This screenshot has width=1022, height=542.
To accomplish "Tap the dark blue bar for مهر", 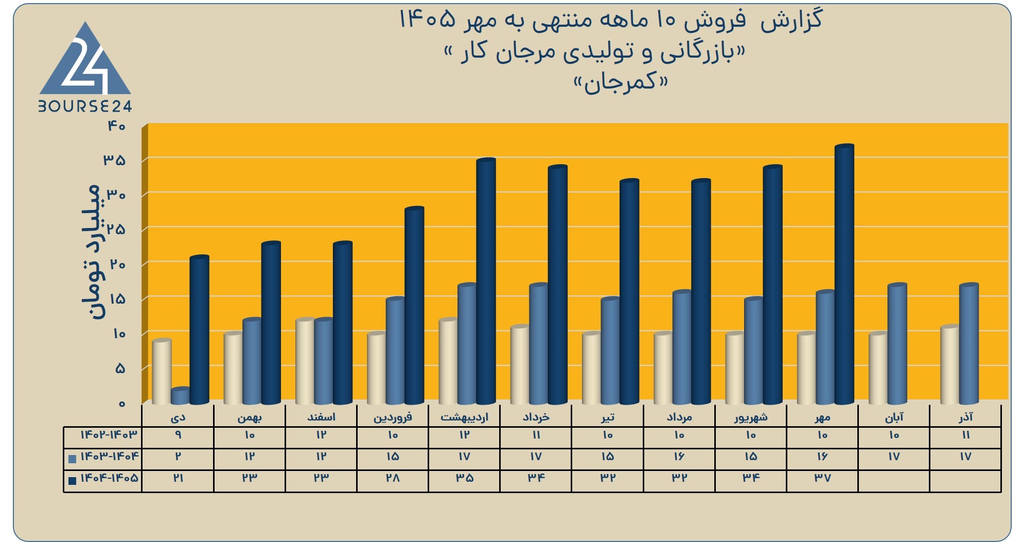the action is (844, 274).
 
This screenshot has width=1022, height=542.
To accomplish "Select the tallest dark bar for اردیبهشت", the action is (486, 281).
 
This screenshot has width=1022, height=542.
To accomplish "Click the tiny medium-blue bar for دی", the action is (180, 396).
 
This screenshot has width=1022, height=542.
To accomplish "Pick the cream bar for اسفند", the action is (305, 361).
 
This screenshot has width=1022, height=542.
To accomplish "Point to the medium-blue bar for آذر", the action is (969, 344).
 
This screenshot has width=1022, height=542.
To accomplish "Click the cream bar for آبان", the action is (878, 368).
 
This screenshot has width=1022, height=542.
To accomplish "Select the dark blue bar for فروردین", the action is (414, 306).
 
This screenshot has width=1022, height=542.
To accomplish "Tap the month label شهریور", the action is (751, 417).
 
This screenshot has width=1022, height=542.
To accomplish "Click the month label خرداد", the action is (536, 417).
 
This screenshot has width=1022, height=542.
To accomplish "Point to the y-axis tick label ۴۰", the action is (116, 126).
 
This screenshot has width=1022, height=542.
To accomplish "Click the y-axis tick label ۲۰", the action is (117, 265).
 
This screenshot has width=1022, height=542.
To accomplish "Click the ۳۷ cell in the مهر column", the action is (822, 478).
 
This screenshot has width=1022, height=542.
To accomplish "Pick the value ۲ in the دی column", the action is (178, 457).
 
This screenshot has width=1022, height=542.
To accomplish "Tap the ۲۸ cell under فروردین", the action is (393, 478).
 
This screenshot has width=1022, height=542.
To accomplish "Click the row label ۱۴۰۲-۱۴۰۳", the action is (109, 435).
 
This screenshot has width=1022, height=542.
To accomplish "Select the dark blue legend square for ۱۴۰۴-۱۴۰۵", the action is (73, 480).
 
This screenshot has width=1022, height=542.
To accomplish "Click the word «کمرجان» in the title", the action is (621, 82).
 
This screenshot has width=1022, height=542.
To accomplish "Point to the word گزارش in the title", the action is (791, 21).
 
